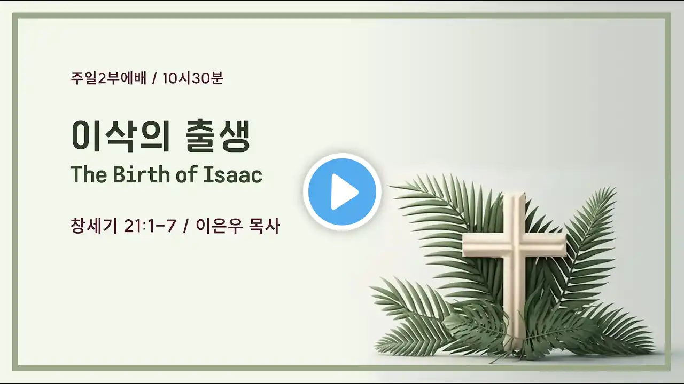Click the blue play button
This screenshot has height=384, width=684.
343,191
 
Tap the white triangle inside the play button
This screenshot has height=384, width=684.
344,192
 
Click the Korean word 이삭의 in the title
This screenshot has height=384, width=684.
121,135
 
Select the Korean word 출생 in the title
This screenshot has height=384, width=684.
217,135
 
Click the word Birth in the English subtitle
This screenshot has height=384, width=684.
141,174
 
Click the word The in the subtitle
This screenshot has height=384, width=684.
89,174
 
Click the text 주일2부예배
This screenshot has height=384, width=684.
108,78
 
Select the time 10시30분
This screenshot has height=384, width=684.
193,78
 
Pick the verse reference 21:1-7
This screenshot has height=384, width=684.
150,226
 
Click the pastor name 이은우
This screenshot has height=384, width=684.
219,226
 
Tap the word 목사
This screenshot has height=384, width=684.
265,226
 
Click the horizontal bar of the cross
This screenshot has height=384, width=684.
515,246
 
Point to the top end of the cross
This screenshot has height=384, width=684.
515,193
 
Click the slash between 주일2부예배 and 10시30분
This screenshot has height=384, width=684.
154,78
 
